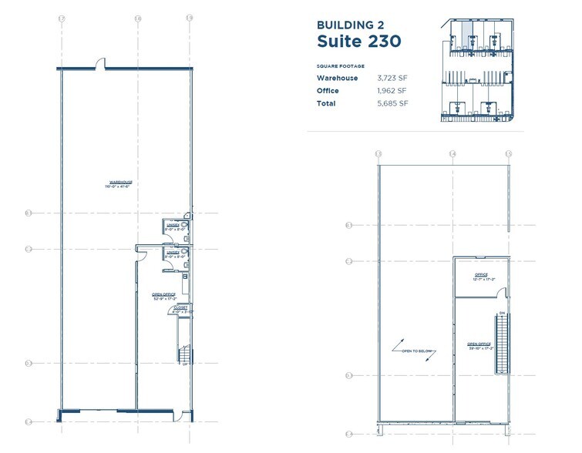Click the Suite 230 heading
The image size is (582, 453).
[358, 40]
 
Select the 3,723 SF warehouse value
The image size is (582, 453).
[392, 78]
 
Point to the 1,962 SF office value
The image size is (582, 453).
[391, 91]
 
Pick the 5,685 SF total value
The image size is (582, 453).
[392, 103]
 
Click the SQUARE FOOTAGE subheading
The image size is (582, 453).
[340, 65]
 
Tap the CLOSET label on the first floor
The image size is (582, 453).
[179, 310]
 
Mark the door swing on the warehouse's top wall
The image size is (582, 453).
[99, 64]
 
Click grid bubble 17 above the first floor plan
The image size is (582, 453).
[62, 17]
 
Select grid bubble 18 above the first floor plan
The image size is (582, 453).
[137, 17]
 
